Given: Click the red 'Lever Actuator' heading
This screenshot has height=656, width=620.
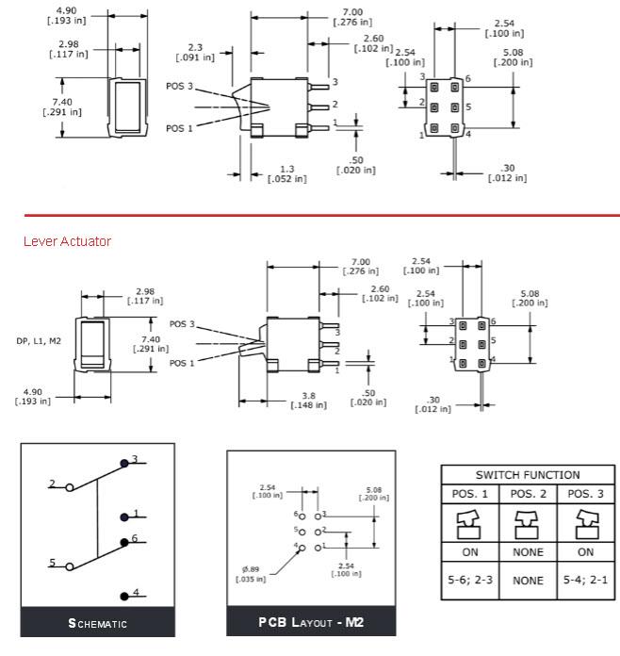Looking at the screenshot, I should click(67, 241).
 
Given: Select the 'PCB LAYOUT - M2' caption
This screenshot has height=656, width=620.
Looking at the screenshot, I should click(311, 622).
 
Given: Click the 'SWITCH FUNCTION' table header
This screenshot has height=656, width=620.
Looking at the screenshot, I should click(527, 475).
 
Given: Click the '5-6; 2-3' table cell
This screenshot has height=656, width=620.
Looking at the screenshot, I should click(469, 581).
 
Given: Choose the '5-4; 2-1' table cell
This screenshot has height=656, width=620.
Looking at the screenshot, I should click(584, 581).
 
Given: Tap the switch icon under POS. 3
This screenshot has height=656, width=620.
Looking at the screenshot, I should click(584, 521).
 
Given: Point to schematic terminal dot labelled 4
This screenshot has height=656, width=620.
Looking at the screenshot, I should click(124, 595).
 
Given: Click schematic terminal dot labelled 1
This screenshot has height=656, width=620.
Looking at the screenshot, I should click(124, 517).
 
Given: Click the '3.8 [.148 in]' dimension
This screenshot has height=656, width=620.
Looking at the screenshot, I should click(306, 401).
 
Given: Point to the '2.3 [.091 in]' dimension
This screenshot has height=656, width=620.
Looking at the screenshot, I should click(195, 52).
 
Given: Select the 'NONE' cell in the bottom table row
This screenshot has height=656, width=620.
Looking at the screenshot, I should click(527, 581).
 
